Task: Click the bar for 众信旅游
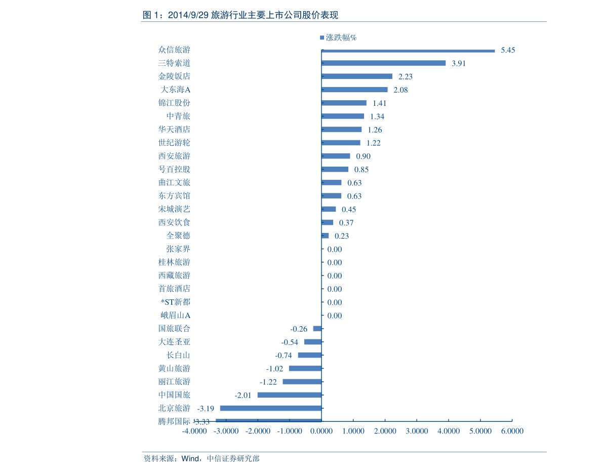click(x=408, y=51)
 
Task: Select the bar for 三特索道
click(x=383, y=63)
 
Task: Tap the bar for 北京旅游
click(x=271, y=408)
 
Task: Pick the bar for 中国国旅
click(x=290, y=395)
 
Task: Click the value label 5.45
click(x=508, y=50)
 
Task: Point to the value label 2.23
click(x=406, y=76)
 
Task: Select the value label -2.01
click(x=243, y=396)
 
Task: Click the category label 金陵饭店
click(x=174, y=76)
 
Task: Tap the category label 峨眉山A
click(x=175, y=316)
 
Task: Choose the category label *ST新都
click(x=175, y=302)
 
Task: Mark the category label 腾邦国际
click(x=174, y=421)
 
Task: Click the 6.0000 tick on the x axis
click(x=512, y=431)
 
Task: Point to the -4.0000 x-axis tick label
click(x=194, y=431)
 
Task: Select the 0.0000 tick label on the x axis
click(x=321, y=431)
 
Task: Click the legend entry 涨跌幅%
click(x=338, y=37)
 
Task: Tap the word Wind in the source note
click(x=190, y=458)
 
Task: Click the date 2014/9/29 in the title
click(x=188, y=15)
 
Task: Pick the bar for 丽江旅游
click(x=302, y=381)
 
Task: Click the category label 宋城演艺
click(x=174, y=209)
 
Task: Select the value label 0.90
click(x=363, y=156)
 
